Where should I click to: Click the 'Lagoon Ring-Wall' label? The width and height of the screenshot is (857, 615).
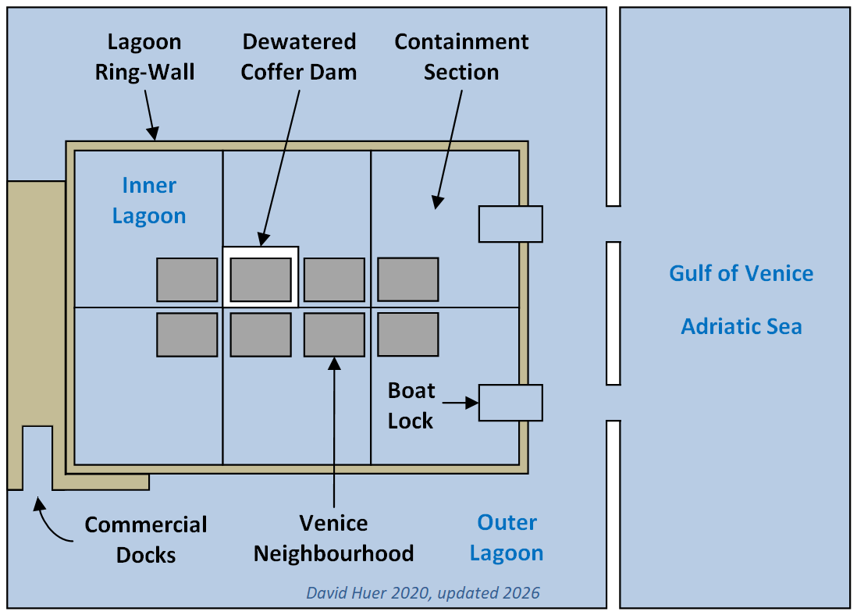[x=144, y=56]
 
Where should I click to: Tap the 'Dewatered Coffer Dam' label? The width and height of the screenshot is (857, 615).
[x=298, y=56]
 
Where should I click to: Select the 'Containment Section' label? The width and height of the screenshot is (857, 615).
[x=461, y=56]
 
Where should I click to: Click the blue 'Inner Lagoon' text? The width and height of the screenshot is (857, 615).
[x=149, y=201]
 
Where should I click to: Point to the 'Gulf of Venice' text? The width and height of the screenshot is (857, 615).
[x=741, y=273]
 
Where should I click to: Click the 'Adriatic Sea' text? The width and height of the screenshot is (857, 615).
[x=741, y=325]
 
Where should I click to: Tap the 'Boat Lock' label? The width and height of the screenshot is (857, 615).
[x=411, y=405]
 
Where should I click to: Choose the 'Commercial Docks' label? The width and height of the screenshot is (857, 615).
[x=146, y=539]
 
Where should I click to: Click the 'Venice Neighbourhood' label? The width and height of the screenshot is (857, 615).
[x=333, y=538]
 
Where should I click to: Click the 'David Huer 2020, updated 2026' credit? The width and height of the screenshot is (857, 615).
[x=422, y=593]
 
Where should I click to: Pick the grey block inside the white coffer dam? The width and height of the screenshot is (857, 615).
[x=261, y=279]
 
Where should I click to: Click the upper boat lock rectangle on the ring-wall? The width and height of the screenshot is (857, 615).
[x=510, y=224]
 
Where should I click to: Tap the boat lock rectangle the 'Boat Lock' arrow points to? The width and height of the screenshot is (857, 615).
[x=510, y=403]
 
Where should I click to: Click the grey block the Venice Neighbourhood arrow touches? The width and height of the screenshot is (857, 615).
[x=334, y=335]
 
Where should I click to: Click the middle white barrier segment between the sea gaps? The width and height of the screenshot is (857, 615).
[x=613, y=313]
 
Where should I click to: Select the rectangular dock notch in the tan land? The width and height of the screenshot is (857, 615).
[x=37, y=457]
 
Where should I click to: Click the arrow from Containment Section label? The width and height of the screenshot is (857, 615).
[x=449, y=148]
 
